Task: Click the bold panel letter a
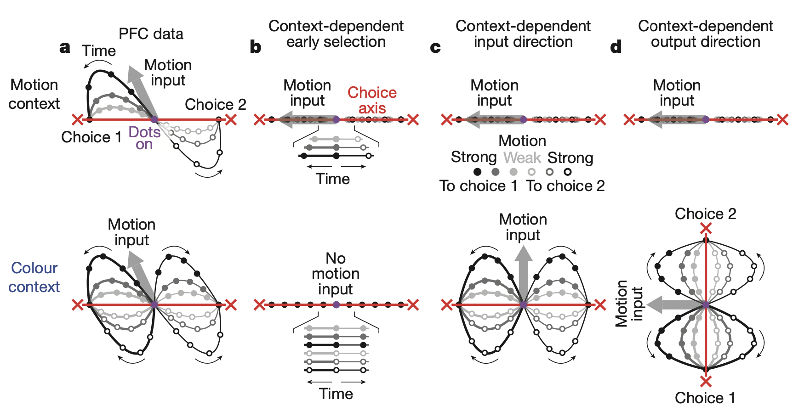(x=65, y=47)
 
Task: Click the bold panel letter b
(x=256, y=47)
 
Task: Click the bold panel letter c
(x=435, y=47)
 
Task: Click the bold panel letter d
(x=616, y=47)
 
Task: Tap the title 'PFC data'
(x=151, y=34)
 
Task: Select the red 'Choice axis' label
(x=372, y=100)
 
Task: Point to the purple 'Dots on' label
(x=144, y=138)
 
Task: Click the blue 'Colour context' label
(x=34, y=277)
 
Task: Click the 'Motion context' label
(x=34, y=94)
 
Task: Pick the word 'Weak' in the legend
(x=522, y=158)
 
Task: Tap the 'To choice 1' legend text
(x=479, y=186)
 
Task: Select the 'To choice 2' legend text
(x=565, y=186)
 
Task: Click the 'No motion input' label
(x=336, y=274)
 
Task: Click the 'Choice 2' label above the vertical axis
(x=705, y=214)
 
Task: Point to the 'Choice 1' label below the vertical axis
(x=705, y=398)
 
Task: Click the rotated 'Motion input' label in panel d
(x=629, y=304)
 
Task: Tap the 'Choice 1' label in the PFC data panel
(x=91, y=137)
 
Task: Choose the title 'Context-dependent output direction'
(x=705, y=34)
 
